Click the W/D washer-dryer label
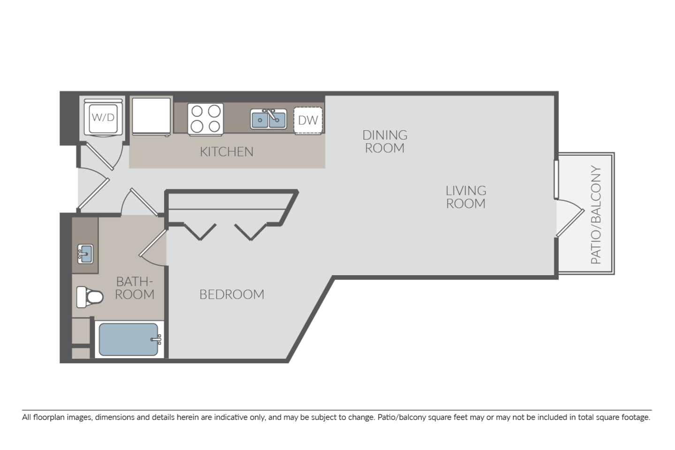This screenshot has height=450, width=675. pyautogui.click(x=103, y=117)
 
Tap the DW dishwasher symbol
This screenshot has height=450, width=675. pyautogui.click(x=308, y=120)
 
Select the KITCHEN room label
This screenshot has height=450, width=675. pyautogui.click(x=227, y=152)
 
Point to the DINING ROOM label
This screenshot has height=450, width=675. pyautogui.click(x=385, y=142)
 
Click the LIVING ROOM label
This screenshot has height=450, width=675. pyautogui.click(x=465, y=197)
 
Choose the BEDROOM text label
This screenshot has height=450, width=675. pyautogui.click(x=232, y=294)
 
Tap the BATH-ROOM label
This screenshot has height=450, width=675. pyautogui.click(x=135, y=288)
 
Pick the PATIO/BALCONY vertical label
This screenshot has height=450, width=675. pyautogui.click(x=596, y=215)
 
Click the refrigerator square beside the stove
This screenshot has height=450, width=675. pyautogui.click(x=151, y=116)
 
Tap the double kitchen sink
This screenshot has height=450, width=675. pyautogui.click(x=268, y=119)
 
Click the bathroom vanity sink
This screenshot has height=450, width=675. pyautogui.click(x=85, y=255)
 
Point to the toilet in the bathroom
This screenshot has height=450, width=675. pyautogui.click(x=90, y=297)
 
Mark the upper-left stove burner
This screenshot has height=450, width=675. pyautogui.click(x=197, y=111)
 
